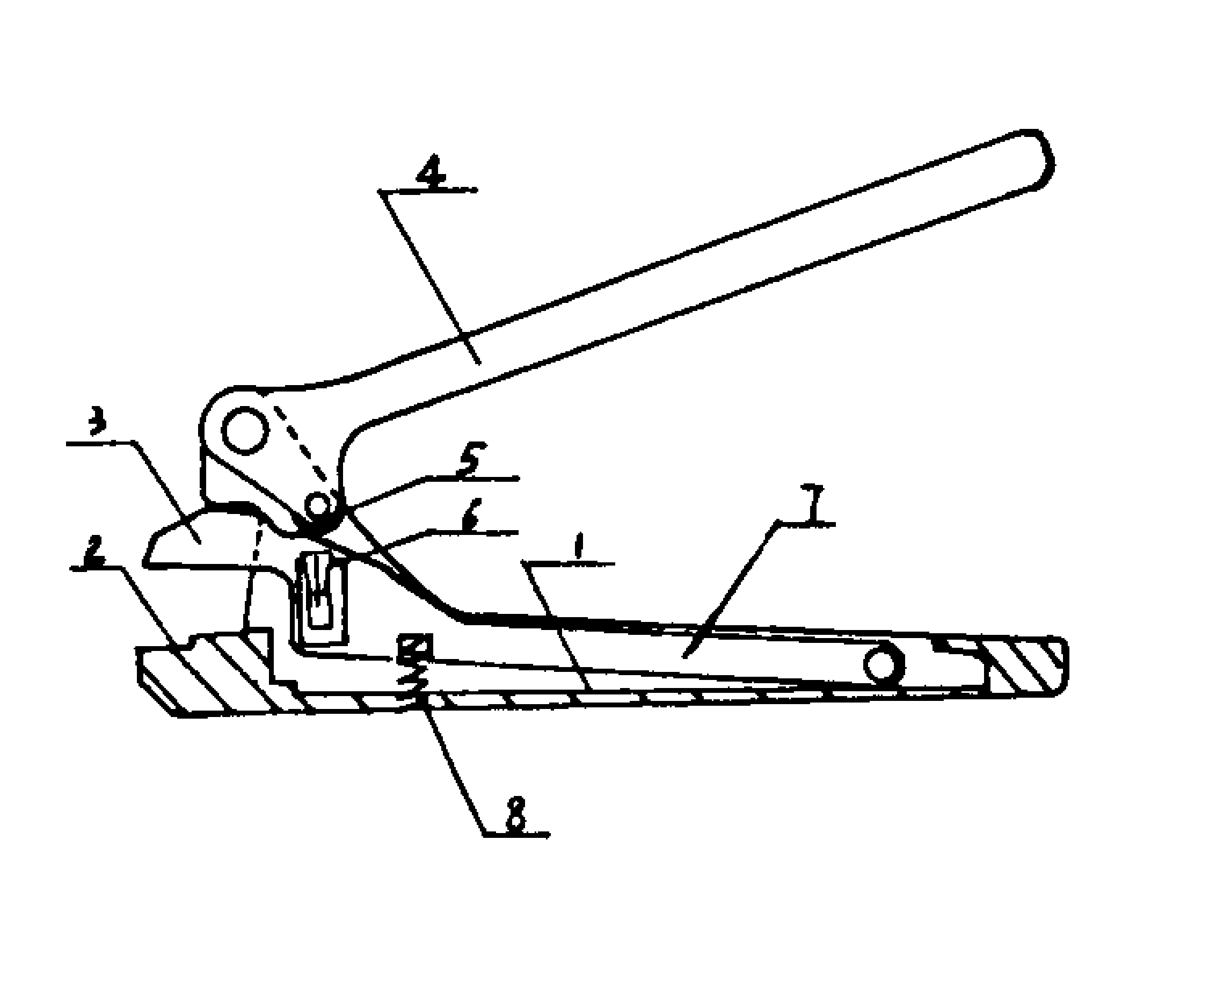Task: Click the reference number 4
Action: [432, 171]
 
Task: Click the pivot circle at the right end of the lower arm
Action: [885, 666]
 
